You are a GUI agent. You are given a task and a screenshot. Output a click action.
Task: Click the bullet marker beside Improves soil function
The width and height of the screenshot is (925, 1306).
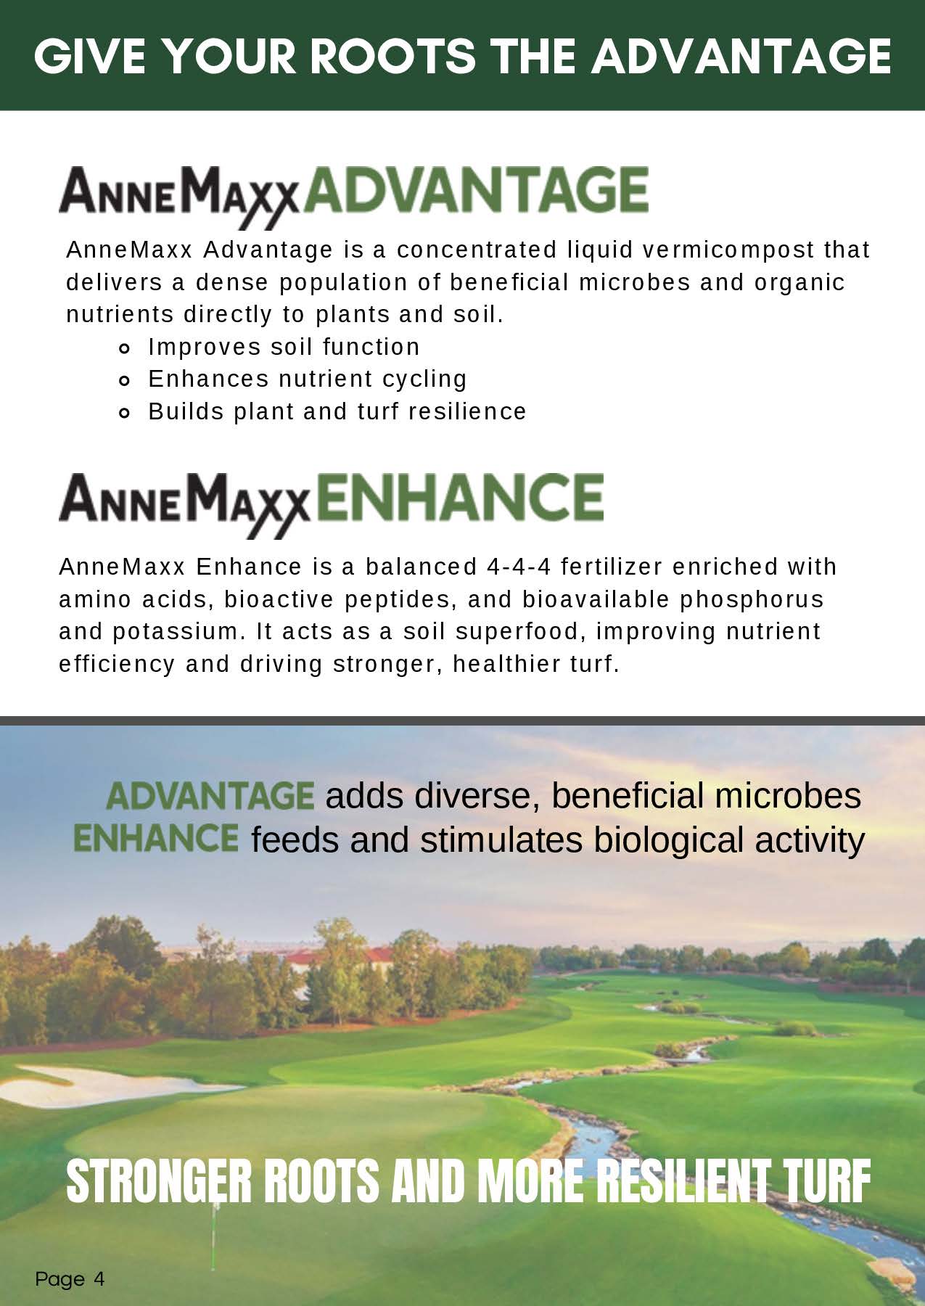124,349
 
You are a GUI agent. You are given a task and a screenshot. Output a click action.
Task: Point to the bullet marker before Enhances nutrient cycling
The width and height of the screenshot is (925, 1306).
124,380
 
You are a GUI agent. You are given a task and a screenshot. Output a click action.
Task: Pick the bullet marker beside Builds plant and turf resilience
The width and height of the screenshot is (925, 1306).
124,413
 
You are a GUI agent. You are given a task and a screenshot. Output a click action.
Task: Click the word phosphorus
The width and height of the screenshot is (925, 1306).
752,600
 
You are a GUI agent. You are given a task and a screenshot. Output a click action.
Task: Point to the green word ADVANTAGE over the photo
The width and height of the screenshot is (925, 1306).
210,796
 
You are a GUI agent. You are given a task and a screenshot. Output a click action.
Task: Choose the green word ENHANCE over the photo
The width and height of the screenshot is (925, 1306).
156,838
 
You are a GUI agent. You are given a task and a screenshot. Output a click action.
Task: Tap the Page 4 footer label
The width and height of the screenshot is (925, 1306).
70,1278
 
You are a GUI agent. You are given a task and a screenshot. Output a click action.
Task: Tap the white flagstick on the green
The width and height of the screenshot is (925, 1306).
215,1226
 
